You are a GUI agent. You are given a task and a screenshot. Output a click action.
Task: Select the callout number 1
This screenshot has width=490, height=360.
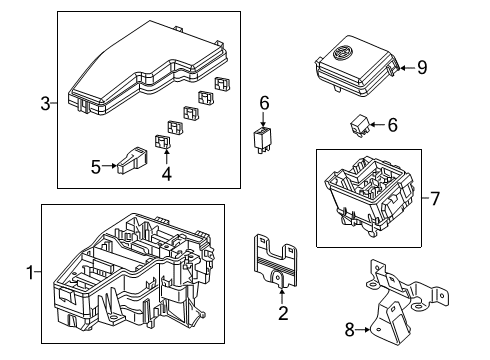pyautogui.click(x=29, y=272)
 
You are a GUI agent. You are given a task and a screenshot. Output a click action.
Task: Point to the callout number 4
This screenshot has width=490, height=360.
pyautogui.click(x=167, y=172)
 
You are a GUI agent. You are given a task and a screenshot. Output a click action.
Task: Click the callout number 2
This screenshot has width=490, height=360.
pyautogui.click(x=283, y=314)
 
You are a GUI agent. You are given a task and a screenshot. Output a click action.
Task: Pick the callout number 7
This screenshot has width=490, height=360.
pyautogui.click(x=434, y=197)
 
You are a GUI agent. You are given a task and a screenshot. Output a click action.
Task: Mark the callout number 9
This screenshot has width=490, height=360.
pyautogui.click(x=422, y=68)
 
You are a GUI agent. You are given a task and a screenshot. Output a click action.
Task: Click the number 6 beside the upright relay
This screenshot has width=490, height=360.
pyautogui.click(x=264, y=102)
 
